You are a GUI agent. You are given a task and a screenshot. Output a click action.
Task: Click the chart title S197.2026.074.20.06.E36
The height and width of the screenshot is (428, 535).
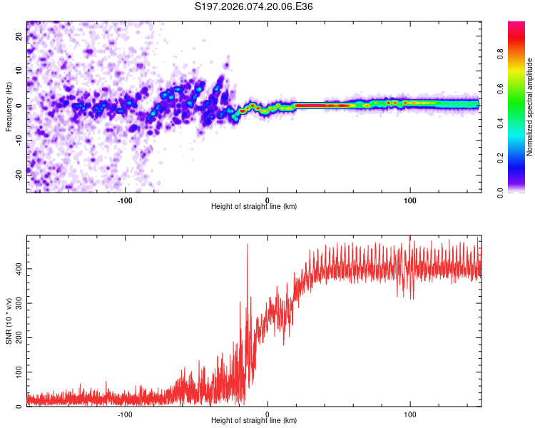click(254, 7)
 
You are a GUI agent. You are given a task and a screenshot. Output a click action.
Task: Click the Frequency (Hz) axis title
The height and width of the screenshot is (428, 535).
click(9, 106)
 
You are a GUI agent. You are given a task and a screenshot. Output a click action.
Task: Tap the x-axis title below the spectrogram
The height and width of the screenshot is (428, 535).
click(254, 206)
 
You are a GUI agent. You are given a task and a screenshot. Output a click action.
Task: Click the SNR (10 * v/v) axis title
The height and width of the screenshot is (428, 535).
click(9, 321)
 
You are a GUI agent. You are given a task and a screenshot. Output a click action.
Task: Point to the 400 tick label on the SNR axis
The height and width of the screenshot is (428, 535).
click(18, 268)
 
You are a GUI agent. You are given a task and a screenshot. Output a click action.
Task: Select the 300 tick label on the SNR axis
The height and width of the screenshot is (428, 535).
click(18, 303)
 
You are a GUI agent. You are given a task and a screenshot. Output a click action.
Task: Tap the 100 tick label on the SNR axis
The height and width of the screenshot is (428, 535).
click(18, 372)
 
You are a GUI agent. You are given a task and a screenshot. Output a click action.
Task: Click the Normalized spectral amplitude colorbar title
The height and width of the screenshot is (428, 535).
click(529, 106)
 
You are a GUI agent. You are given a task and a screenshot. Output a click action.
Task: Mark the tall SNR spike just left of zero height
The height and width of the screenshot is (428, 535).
click(248, 246)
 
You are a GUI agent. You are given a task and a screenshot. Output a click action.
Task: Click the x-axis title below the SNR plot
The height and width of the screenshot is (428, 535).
click(254, 420)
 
